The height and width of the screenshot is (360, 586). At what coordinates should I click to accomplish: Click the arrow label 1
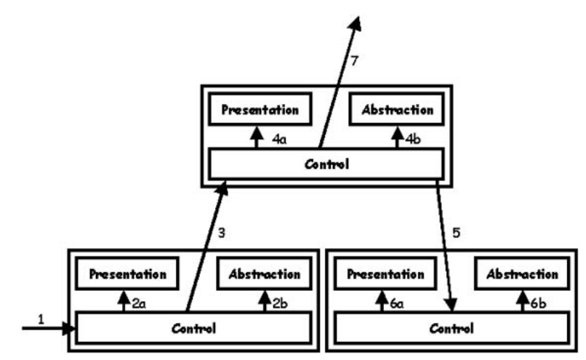41,319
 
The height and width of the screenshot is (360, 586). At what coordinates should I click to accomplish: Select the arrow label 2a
139,303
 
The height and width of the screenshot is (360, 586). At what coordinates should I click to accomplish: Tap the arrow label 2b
280,303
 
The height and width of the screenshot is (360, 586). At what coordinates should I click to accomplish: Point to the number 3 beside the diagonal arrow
222,233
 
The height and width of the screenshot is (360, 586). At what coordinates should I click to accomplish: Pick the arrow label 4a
279,140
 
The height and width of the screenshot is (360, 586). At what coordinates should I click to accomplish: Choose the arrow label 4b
413,139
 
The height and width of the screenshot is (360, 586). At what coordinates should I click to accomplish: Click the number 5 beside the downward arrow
457,233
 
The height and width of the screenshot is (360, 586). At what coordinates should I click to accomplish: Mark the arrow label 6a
396,303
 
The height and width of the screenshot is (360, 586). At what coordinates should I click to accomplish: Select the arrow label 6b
538,303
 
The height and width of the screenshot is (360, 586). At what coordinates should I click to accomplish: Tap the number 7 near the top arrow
355,60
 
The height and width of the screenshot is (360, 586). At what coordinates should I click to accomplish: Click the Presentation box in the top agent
260,109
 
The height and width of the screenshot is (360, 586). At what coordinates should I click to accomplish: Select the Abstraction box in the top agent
397,109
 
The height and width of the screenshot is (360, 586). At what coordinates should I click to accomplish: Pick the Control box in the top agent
326,164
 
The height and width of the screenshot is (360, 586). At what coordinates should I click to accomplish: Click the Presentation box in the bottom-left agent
127,273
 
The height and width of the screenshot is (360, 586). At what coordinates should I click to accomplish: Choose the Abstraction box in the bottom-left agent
264,273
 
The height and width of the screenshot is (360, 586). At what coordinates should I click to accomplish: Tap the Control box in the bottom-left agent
193,328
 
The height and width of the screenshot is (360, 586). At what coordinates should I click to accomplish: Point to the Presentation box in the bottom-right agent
385,273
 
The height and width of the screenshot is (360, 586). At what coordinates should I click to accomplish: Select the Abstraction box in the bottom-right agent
522,273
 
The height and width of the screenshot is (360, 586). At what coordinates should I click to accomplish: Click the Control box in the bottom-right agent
451,328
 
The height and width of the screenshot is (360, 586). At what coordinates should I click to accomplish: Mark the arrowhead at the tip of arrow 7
358,17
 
